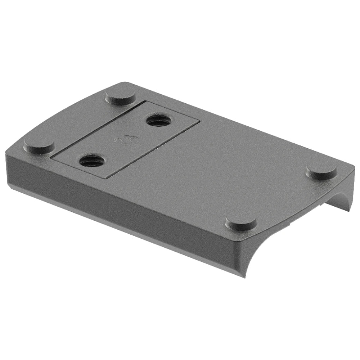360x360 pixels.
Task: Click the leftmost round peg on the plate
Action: (x=39, y=145)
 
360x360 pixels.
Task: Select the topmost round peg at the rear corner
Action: (x=120, y=96)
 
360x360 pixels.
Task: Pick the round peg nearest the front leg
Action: (x=241, y=222)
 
